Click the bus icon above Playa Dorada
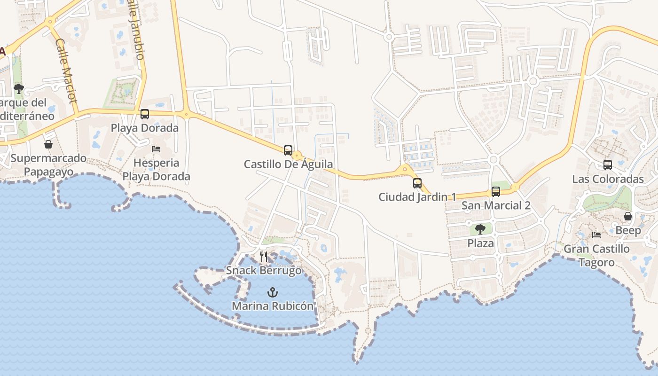pos(145,114)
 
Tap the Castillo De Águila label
pos(288,164)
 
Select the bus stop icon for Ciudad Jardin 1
pos(417,183)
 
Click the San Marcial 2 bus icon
pos(496,192)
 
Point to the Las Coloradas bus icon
pos(608,165)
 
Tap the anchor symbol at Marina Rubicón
pos(272,292)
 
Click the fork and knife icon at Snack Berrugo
pos(264,257)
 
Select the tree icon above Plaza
pos(480,229)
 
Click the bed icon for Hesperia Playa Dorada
pos(156,149)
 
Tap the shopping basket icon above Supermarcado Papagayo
pos(48,144)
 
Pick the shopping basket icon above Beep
pos(628,216)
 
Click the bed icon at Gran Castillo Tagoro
pos(596,235)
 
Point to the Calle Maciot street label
pos(66,70)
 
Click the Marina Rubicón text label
pos(272,306)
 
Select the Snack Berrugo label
pos(264,271)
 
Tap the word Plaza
pos(480,243)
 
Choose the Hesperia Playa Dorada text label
pos(156,170)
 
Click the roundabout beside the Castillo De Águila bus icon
pos(297,155)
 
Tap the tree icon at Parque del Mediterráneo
pos(19,88)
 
